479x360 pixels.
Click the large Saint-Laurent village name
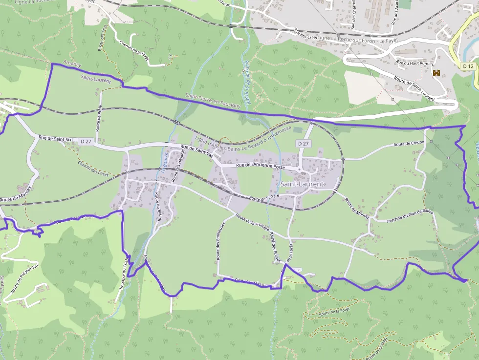coord(302,184)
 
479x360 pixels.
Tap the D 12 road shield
coord(468,66)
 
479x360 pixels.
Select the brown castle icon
coord(436,73)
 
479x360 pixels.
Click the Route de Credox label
coord(409,144)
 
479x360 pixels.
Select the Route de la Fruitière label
coord(253,223)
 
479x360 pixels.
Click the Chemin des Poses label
coord(93,168)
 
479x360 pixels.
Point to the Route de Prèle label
coord(99,119)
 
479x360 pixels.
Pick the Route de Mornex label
coord(16,193)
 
